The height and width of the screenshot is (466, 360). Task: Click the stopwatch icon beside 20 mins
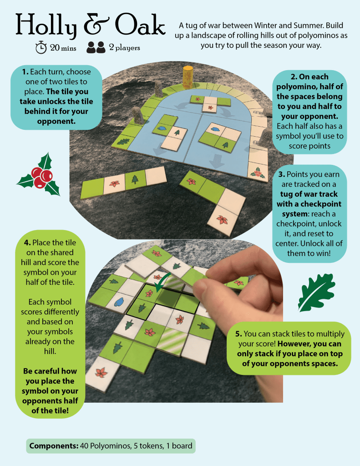pos(41,47)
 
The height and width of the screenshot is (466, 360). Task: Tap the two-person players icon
pos(96,47)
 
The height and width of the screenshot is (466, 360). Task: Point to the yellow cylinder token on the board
pos(188,77)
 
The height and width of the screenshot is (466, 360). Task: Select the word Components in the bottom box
pos(53,446)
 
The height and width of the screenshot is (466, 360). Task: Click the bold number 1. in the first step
pos(25,72)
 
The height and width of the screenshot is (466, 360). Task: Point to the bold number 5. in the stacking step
pos(238,334)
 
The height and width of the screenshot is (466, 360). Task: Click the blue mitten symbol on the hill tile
pos(119,302)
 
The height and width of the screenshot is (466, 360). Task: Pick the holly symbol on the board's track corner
pos(257,172)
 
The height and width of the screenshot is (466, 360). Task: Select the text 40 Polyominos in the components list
pos(105,446)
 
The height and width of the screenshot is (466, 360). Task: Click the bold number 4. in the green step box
pos(27,242)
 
